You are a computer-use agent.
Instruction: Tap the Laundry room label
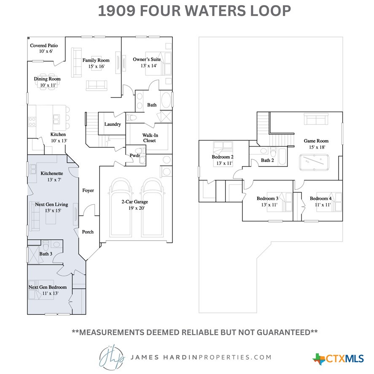(113, 124)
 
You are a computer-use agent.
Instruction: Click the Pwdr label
(135, 155)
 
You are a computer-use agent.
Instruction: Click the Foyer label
(88, 190)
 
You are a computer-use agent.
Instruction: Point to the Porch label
(88, 232)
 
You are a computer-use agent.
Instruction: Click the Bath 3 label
(46, 254)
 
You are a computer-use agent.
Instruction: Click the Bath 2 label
(267, 160)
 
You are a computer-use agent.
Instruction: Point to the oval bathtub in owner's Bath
(167, 101)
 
